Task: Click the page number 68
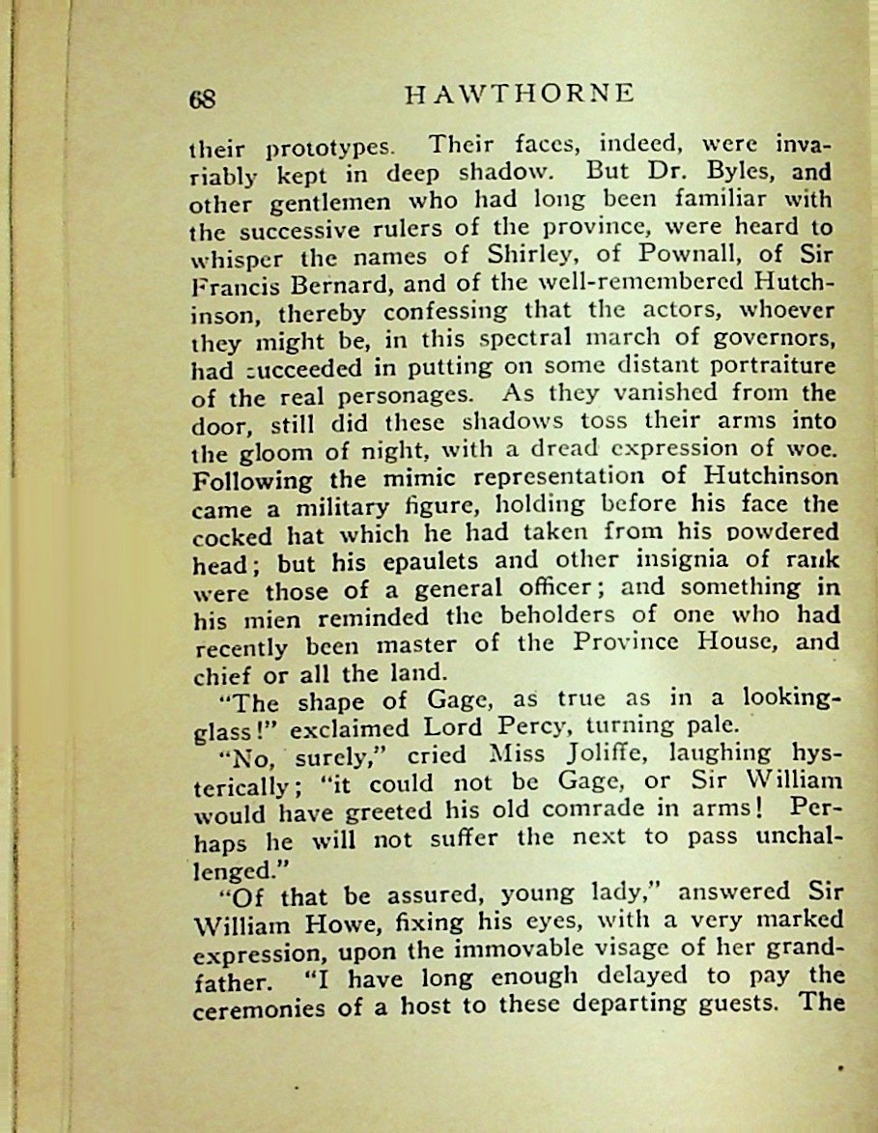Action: point(203,98)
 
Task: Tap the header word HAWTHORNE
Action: point(519,94)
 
